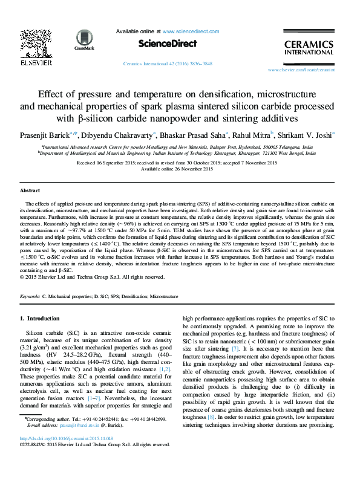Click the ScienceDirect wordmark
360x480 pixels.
[x=168, y=44]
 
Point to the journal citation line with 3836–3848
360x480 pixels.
[x=167, y=63]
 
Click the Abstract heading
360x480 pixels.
[x=30, y=190]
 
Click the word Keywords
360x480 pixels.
[x=30, y=297]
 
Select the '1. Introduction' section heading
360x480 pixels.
[x=40, y=318]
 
